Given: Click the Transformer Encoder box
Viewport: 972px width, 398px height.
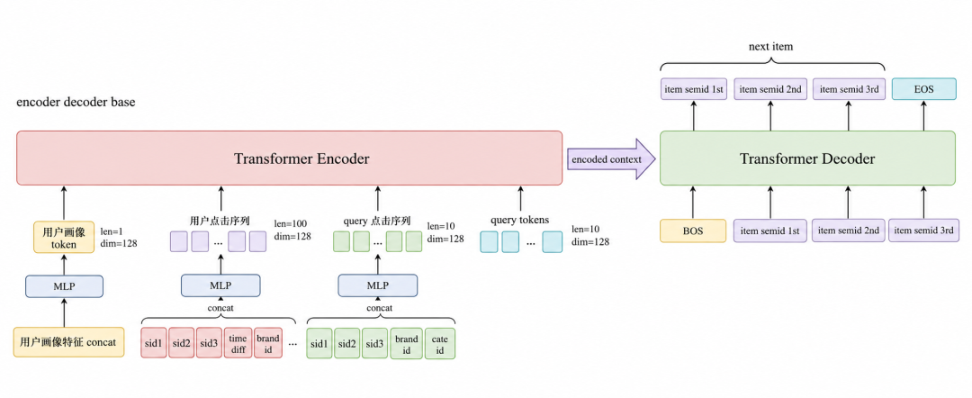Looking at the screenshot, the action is pos(290,158).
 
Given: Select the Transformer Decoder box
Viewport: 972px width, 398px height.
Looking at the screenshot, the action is pos(807,158).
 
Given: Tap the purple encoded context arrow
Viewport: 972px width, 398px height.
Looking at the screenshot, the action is pos(611,158).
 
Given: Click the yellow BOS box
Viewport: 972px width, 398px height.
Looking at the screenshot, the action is pos(692,230).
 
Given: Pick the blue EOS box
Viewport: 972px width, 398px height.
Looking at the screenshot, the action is pos(923,88).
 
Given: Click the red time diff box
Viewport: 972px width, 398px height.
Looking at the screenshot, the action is pos(238,343).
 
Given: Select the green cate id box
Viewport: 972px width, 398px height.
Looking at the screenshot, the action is pos(439,343).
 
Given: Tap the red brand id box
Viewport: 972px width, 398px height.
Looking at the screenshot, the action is pos(268,343).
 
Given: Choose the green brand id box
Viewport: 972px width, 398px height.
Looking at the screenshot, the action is pos(407,343).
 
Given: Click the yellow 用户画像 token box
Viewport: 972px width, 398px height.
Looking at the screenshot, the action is pos(64,236).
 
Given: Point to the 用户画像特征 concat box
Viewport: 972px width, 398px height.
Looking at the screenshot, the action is pos(68,342).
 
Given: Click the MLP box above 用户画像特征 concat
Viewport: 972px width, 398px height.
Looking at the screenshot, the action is pos(64,285).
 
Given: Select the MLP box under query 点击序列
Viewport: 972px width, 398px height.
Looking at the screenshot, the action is pos(377,285).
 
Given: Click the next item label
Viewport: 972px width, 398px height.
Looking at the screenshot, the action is pos(770,47).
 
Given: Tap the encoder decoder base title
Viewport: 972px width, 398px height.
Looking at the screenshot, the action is pos(76,103).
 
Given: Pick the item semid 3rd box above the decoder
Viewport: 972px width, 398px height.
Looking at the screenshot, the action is pos(849,88).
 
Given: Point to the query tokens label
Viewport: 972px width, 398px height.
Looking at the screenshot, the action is pos(519,220).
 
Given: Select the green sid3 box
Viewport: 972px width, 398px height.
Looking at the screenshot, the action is pos(373,343).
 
